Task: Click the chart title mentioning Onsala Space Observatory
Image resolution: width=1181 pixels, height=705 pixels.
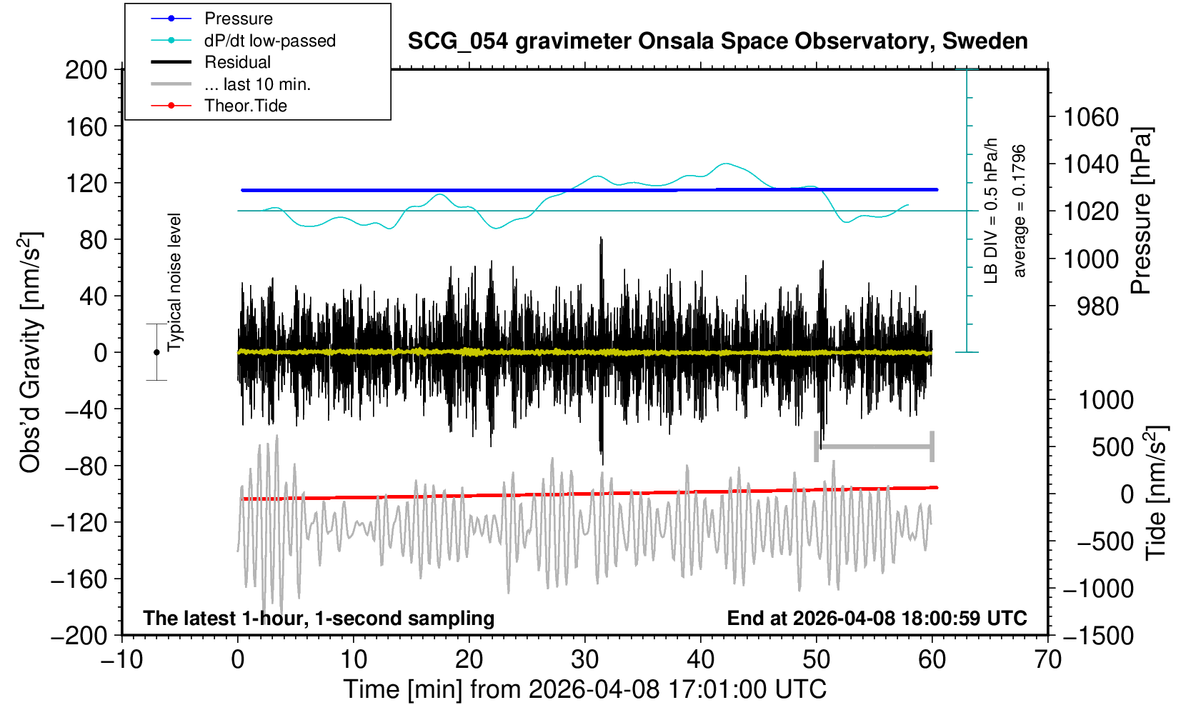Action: pos(717,41)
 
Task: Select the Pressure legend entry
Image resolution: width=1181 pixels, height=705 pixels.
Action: pos(238,19)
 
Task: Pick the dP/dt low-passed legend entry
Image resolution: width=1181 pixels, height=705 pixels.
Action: pos(269,41)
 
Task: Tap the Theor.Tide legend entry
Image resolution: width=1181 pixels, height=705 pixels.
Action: pos(245,106)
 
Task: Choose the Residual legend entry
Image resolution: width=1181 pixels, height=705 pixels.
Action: pos(237,62)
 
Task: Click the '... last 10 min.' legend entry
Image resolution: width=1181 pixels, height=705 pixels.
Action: pos(257,84)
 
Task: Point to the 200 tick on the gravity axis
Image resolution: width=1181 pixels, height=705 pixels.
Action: pos(86,70)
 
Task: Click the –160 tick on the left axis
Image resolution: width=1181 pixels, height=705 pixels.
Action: pos(79,579)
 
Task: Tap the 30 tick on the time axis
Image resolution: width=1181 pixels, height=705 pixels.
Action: pos(584,659)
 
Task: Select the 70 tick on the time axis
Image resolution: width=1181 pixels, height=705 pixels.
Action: pos(1047,659)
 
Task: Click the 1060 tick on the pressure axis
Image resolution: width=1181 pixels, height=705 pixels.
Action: pos(1091,116)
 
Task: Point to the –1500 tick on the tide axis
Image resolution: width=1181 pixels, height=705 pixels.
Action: pos(1098,635)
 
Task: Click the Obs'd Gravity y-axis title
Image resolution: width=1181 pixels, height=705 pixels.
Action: pos(31,352)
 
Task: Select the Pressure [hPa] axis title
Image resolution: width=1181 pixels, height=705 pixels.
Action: pos(1142,211)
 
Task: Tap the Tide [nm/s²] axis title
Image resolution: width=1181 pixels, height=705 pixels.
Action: pos(1156,493)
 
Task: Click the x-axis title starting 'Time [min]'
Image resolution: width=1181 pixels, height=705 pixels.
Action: pos(584,689)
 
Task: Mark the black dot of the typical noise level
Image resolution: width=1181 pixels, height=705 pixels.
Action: pos(156,352)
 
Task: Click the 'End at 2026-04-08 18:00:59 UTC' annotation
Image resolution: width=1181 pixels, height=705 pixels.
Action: pos(877,618)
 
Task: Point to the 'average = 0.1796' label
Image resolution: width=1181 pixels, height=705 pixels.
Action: pos(1020,211)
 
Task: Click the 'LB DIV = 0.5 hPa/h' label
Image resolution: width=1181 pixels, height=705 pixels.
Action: pos(991,211)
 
